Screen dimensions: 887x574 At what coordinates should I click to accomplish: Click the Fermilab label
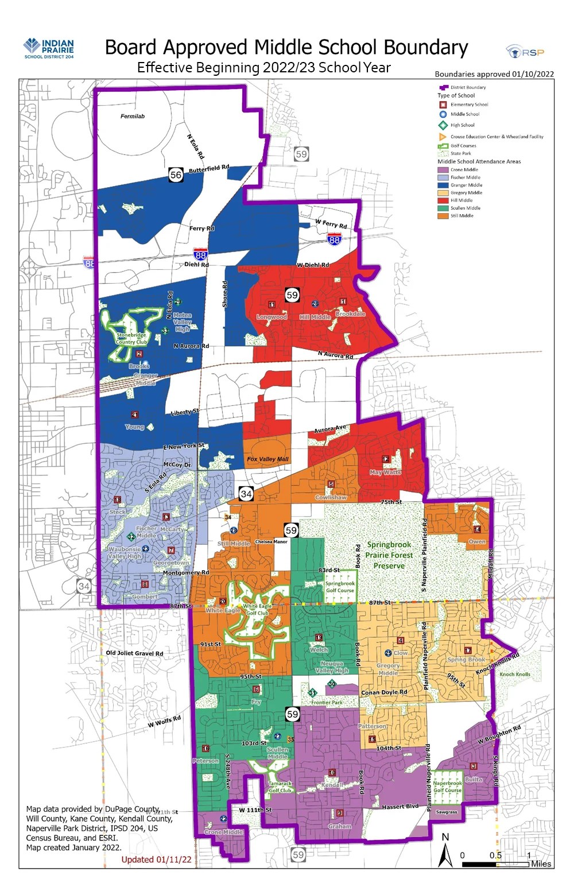pos(133,117)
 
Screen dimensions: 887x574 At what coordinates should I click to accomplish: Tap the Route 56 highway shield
pos(176,175)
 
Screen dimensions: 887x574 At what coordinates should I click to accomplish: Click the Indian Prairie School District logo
pos(49,48)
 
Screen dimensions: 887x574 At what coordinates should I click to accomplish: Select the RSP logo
pos(525,52)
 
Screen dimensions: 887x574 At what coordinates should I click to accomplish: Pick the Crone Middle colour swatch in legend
pos(443,170)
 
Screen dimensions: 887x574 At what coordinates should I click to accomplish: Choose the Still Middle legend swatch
pos(443,216)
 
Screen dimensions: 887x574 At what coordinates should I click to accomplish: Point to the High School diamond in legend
pos(443,125)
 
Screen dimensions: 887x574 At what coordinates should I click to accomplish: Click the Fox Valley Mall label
pos(267,459)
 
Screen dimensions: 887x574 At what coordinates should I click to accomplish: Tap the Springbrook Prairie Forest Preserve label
pos(389,555)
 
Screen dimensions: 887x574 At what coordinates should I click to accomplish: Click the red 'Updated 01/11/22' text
pos(156,859)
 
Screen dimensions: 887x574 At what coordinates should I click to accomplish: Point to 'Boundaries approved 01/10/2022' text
pos(494,74)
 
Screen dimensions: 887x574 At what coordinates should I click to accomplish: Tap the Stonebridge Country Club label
pos(131,338)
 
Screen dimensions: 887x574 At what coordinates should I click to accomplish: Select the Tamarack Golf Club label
pos(280,787)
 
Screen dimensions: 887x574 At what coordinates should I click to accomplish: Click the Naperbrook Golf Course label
pos(447,787)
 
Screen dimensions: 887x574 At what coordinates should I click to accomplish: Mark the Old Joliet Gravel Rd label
pos(134,653)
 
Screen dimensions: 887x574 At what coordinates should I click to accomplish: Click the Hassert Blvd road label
pos(400,807)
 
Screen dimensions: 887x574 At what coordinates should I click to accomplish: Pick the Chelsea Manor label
pos(271,541)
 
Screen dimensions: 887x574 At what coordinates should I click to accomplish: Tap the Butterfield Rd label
pos(209,169)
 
